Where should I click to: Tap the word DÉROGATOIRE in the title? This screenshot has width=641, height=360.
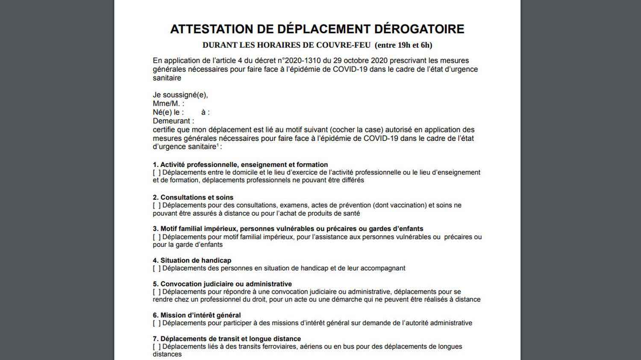pos(419,29)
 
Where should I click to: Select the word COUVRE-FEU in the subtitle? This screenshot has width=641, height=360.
pos(343,45)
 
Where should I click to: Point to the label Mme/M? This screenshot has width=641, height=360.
pos(168,104)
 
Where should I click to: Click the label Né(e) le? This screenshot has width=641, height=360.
pos(168,112)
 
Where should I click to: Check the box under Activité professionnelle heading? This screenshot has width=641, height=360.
pos(157,173)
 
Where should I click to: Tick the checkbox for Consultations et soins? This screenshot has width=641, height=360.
pos(157,205)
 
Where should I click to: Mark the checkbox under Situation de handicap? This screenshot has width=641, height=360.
pos(157,269)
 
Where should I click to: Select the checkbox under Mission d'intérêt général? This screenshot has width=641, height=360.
pos(157,323)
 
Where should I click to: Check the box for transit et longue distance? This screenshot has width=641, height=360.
pos(157,347)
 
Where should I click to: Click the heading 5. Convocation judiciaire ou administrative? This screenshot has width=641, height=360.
pos(222,284)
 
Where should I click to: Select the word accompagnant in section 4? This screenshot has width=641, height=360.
pos(382,269)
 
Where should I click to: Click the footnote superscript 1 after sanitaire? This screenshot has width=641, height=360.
pos(218,145)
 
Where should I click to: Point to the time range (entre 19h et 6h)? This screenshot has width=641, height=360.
pos(403,45)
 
